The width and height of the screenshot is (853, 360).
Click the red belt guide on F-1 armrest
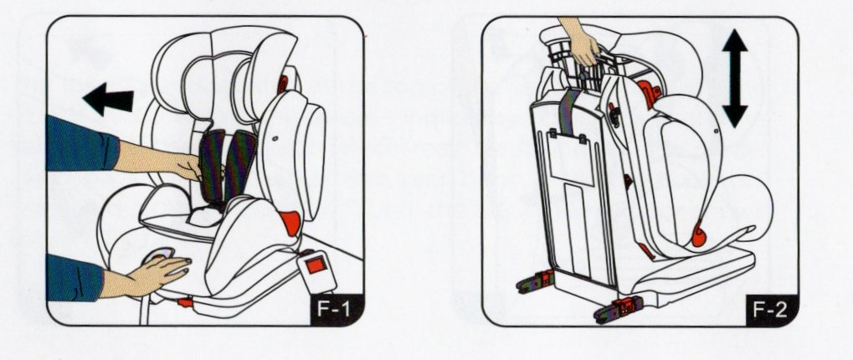pos(289,223)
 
